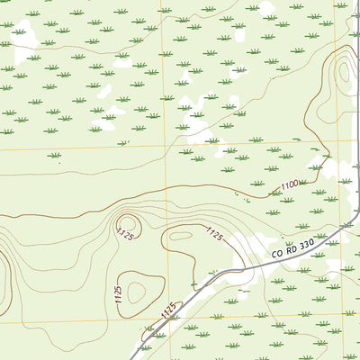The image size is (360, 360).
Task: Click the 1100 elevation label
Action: tap(288, 185)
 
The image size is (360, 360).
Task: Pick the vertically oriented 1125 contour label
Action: tap(119, 294)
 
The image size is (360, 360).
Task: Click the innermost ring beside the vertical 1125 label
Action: tap(138, 291)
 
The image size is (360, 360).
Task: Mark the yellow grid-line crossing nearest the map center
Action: tap(166, 144)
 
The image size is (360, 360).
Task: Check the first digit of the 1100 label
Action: tap(281, 188)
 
